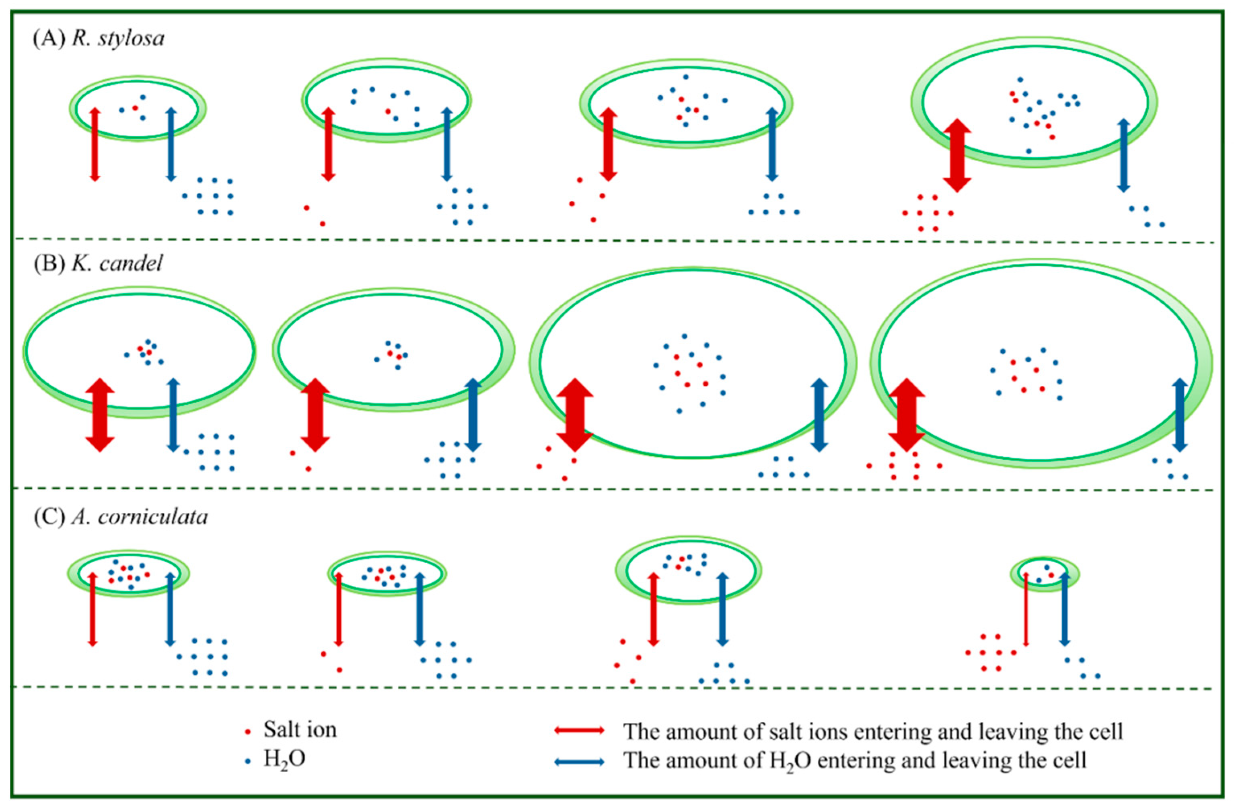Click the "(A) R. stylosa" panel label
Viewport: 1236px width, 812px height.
[x=99, y=39]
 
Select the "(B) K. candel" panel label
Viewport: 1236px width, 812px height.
[x=98, y=264]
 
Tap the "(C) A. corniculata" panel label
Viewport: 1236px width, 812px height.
[x=121, y=516]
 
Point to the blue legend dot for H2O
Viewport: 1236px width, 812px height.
[x=248, y=761]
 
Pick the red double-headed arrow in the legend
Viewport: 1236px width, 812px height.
[x=579, y=730]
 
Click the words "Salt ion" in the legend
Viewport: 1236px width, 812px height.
[x=300, y=730]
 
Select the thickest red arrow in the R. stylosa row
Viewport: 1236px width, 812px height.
[x=956, y=155]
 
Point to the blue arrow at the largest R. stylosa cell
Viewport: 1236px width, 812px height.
[x=1123, y=155]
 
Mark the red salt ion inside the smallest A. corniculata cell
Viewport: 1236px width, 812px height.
[x=1051, y=575]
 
